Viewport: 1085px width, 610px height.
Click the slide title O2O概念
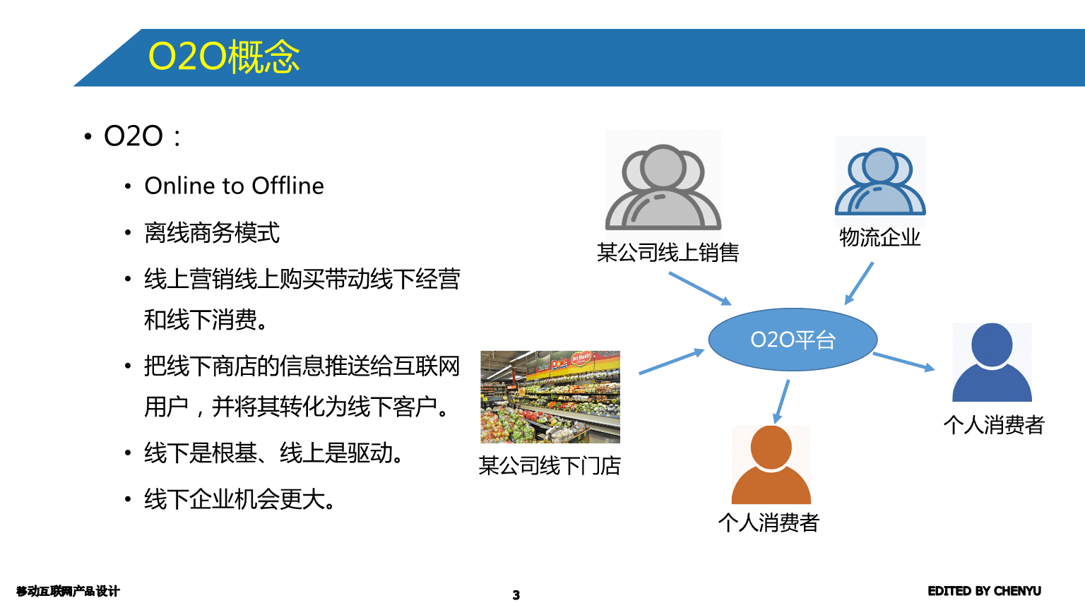click(x=224, y=56)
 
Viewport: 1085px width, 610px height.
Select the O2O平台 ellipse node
click(x=793, y=340)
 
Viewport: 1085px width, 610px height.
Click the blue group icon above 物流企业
click(x=880, y=181)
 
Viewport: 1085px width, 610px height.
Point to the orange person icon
click(x=771, y=465)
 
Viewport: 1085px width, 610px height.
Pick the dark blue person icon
click(x=992, y=363)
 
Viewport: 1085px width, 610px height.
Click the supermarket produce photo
click(x=550, y=397)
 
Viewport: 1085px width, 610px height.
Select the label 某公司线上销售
click(x=668, y=252)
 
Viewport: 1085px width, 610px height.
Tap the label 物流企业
click(x=879, y=237)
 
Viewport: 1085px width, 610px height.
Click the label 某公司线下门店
click(x=550, y=465)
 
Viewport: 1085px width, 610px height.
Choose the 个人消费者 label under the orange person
click(x=769, y=522)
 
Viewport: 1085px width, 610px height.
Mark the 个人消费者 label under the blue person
click(x=993, y=424)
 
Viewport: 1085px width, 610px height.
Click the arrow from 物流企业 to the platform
click(x=859, y=284)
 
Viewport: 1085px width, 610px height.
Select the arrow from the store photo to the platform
click(x=671, y=361)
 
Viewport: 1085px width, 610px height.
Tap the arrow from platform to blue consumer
click(x=903, y=361)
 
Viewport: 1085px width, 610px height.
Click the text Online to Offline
click(x=234, y=186)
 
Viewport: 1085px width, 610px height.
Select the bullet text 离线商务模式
click(x=212, y=232)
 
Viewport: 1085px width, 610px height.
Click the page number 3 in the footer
click(x=516, y=595)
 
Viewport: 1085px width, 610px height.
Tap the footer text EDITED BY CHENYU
click(x=984, y=591)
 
